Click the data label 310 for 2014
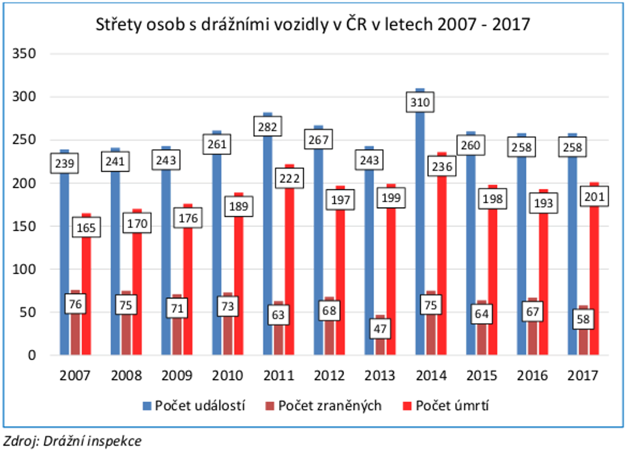(x=420, y=102)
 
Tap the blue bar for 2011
(x=267, y=243)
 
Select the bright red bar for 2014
(x=442, y=262)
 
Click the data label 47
(x=380, y=329)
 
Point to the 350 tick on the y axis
(x=24, y=53)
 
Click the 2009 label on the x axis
(x=177, y=376)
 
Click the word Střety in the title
(x=119, y=24)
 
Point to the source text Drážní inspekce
(x=92, y=441)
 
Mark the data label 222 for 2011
(x=289, y=179)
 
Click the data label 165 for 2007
(x=86, y=227)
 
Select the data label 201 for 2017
(x=594, y=196)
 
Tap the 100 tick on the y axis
(x=24, y=269)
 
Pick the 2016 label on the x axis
(x=532, y=376)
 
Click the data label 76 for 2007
(x=75, y=304)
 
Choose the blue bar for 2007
(x=64, y=262)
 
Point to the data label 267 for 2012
(x=318, y=140)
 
